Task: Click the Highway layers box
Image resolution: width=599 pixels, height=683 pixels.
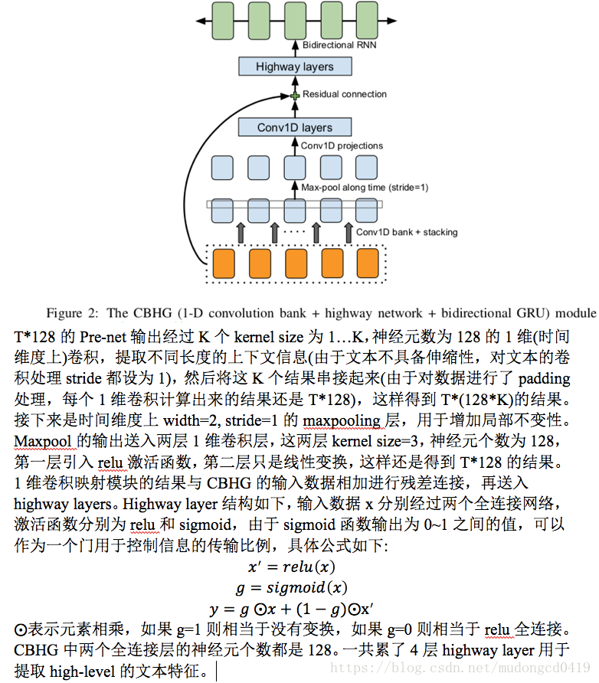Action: point(294,67)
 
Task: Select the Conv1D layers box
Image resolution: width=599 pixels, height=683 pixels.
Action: point(294,127)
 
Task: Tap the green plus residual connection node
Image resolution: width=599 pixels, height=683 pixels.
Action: point(294,95)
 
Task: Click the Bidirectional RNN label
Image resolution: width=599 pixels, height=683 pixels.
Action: point(339,45)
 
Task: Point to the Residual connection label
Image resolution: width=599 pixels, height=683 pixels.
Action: point(345,94)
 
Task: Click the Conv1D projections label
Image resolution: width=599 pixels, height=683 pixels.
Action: point(342,145)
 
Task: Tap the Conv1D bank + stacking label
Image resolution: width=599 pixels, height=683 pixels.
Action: point(407,232)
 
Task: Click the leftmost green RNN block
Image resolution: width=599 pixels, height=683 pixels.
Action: point(222,18)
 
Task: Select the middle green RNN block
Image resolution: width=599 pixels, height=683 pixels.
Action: point(295,18)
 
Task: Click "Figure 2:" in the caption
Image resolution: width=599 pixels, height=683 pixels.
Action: point(74,312)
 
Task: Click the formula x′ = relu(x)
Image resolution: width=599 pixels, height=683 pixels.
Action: point(291,567)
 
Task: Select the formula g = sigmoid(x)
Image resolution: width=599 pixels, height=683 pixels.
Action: point(291,588)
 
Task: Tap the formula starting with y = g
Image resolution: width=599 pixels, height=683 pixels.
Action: point(291,609)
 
